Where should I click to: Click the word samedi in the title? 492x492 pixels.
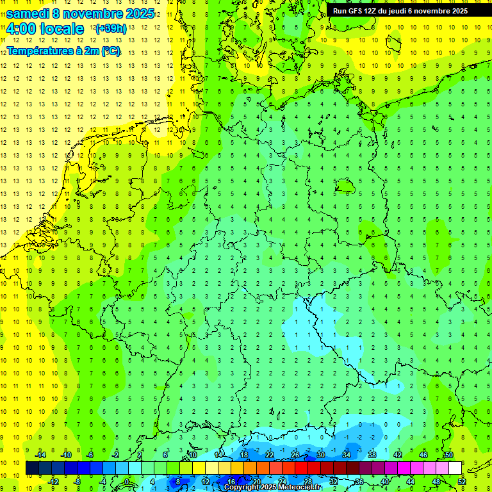pos(28,13)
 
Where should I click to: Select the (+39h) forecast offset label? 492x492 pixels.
pos(111,29)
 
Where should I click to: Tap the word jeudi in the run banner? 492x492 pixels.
pos(418,11)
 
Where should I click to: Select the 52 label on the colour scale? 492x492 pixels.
pos(462,481)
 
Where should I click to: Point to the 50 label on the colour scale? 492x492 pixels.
pos(448,455)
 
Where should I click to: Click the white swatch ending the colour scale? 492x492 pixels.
pos(455,468)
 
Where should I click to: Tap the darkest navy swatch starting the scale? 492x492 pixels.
pos(32,468)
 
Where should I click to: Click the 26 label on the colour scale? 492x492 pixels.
pos(295,455)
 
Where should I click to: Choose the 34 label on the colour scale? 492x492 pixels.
pos(347,455)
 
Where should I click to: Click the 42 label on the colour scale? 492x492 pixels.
pos(398,455)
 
